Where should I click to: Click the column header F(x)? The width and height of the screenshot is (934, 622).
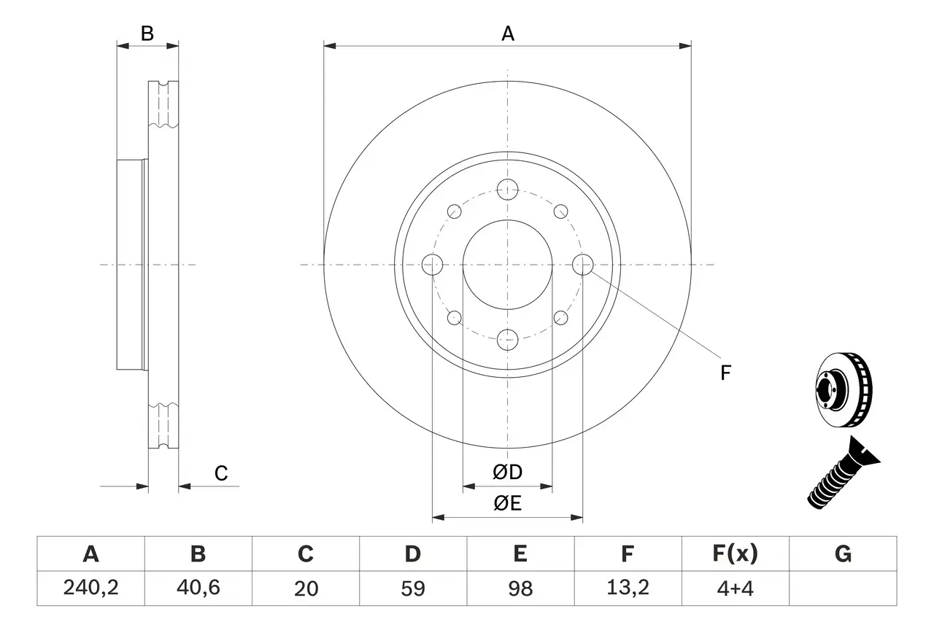coord(736,554)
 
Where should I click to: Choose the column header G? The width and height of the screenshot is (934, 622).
coord(843,554)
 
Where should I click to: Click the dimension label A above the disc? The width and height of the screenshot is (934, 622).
coord(508,33)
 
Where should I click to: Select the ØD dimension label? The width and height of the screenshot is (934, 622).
coord(508,473)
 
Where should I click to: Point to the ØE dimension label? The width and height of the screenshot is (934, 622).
coord(508,504)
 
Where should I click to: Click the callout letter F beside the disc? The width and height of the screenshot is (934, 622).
coord(725,373)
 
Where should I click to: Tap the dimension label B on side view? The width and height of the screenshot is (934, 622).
coord(147,33)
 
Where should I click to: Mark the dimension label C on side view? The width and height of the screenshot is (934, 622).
coord(221,473)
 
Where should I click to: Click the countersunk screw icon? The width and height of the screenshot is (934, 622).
coord(844,473)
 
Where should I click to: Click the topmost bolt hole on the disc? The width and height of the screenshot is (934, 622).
coord(507,190)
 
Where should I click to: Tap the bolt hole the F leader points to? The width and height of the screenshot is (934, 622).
coord(582,265)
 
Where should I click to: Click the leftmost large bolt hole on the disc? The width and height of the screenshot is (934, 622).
coord(433,265)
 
